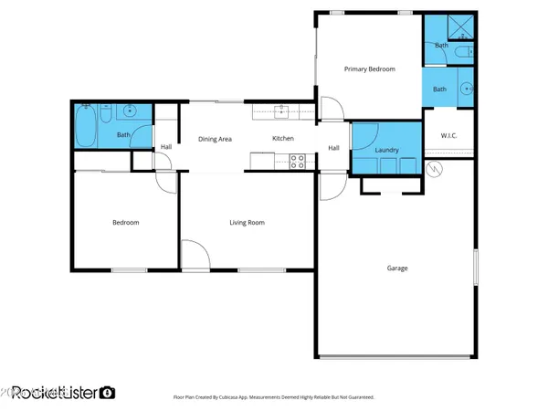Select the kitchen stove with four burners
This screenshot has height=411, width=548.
(297, 162)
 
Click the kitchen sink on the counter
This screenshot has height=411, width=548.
(282, 111)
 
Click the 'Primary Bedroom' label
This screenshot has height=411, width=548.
(369, 68)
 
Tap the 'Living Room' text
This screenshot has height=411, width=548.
(247, 222)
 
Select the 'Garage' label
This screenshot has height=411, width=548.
(396, 268)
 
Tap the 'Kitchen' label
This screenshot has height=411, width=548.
(283, 139)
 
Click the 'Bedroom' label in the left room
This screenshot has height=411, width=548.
(125, 222)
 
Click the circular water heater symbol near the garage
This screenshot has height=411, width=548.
(436, 168)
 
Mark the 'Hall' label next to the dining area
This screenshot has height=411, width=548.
(165, 147)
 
